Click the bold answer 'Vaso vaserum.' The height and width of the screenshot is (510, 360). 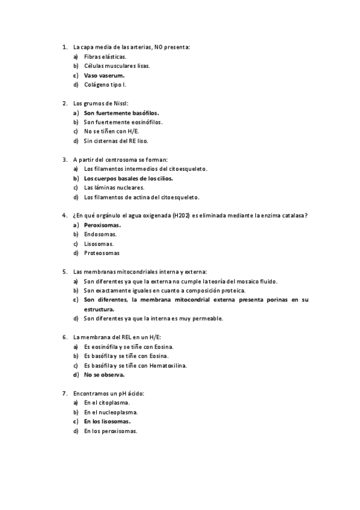coord(104,75)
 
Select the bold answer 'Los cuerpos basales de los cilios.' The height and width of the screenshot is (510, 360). coord(128,179)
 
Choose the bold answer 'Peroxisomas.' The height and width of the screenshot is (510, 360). coord(102,225)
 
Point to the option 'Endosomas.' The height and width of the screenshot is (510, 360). coord(100,234)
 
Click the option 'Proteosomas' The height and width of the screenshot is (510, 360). coord(102,253)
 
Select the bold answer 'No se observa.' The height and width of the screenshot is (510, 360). coord(105,375)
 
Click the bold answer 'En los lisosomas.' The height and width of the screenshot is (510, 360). coord(107,422)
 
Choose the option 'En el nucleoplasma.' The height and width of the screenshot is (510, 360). coord(111,412)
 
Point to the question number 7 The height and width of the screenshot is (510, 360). coord(64,393)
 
